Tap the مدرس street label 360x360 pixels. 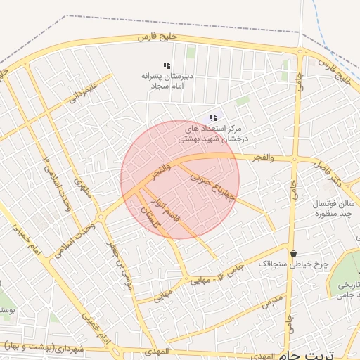[272, 303]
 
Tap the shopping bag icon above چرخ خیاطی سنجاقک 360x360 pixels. [293, 253]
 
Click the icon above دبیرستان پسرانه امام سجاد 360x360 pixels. [167, 65]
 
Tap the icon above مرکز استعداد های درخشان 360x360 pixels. [213, 117]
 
